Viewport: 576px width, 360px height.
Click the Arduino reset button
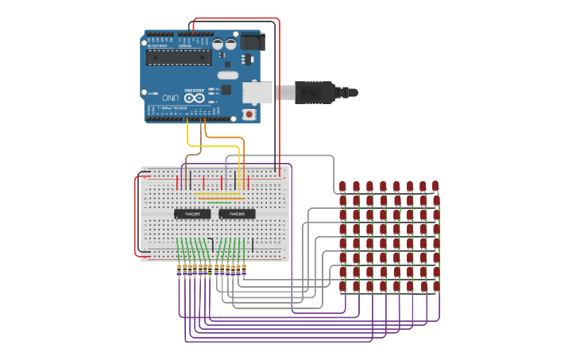(249, 114)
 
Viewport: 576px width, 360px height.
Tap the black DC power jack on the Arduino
(252, 41)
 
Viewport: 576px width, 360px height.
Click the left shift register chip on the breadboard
(192, 214)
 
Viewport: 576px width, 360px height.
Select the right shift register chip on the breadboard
(237, 214)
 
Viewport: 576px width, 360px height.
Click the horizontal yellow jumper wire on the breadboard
(217, 194)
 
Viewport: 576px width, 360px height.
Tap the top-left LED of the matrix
(342, 187)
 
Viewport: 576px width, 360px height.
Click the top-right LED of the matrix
(435, 186)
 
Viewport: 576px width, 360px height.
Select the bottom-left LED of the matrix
(342, 286)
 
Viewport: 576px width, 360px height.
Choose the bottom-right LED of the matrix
(435, 286)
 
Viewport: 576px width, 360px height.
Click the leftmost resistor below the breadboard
(179, 269)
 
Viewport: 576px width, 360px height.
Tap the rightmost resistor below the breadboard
(243, 269)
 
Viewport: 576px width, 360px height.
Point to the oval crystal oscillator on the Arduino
(227, 75)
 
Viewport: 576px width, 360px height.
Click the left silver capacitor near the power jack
(218, 45)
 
